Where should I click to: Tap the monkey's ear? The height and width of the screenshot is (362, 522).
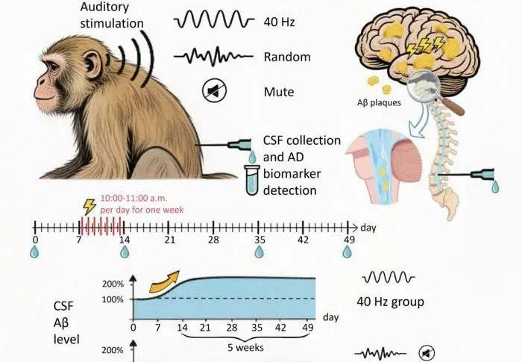point(93,63)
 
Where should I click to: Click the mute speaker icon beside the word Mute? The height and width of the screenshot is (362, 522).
point(215,90)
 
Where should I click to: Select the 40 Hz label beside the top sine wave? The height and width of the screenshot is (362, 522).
point(279,22)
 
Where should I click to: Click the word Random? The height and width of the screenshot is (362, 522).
point(287,57)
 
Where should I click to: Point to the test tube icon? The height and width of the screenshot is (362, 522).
point(252,180)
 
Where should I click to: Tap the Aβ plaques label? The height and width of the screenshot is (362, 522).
point(379,102)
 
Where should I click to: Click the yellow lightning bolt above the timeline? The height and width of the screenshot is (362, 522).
point(89,207)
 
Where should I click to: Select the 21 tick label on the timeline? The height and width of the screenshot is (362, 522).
point(169,240)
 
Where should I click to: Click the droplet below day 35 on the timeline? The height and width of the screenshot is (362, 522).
point(259,252)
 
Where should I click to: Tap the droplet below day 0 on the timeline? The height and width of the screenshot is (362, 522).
point(34,252)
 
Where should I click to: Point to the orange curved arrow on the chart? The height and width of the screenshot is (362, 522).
point(164,282)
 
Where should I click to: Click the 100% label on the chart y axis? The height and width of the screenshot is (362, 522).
point(113,299)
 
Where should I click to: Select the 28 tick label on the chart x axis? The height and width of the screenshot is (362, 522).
point(232,328)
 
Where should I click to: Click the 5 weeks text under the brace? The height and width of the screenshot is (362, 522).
point(245,348)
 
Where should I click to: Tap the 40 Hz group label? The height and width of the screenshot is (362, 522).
point(390,302)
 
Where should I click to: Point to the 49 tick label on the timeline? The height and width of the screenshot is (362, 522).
point(349,240)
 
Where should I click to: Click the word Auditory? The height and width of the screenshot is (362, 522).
point(104,7)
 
